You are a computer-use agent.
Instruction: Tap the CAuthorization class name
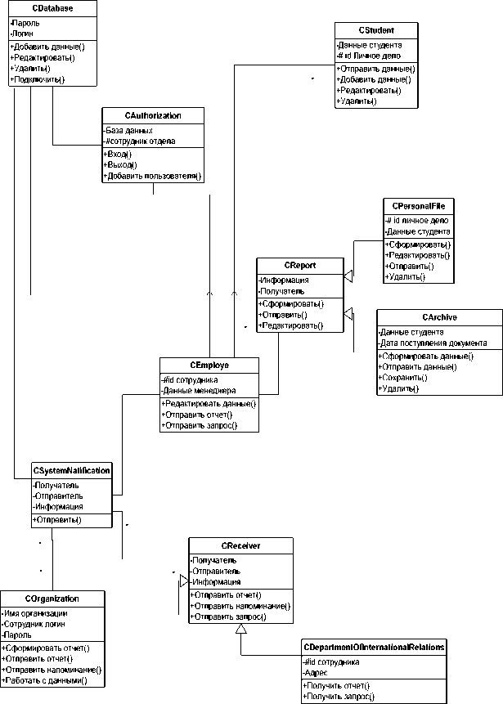153,116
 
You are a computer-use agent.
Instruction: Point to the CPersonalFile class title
418,206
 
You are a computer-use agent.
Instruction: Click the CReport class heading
300,266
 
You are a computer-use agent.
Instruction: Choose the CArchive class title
439,317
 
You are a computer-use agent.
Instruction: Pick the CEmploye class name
209,365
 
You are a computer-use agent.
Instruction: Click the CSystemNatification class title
71,471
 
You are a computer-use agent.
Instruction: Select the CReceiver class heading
240,545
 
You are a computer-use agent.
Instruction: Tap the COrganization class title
53,599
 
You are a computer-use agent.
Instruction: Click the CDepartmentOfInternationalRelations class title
373,648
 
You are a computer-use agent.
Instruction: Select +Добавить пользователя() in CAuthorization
152,176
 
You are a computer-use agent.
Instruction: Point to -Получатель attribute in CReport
282,291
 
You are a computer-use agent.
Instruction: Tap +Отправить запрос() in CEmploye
200,425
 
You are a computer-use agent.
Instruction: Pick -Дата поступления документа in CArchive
433,343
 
